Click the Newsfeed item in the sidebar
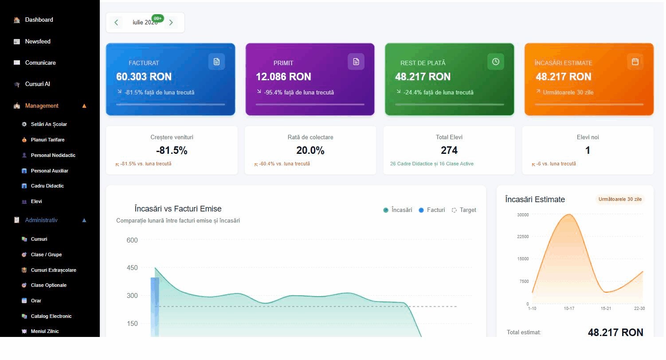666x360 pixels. point(37,41)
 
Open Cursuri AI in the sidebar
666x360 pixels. point(37,84)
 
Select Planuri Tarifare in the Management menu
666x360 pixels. point(47,140)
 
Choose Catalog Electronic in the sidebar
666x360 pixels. point(51,316)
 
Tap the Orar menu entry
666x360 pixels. point(36,301)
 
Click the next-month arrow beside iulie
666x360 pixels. point(171,22)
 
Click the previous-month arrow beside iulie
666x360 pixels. point(116,22)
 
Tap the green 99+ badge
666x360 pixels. point(157,19)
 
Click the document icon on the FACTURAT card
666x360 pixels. point(216,62)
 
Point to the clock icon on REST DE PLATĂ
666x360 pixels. point(496,62)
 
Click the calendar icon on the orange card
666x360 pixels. point(635,62)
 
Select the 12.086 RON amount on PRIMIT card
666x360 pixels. point(283,77)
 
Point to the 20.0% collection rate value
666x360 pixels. point(310,150)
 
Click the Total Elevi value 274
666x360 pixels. point(449,150)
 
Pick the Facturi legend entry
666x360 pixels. point(432,210)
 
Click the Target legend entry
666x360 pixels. point(463,210)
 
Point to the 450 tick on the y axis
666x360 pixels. point(132,267)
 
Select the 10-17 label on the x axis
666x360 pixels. point(569,309)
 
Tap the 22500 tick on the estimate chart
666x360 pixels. point(523,237)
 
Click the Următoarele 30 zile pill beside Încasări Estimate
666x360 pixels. point(620,199)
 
